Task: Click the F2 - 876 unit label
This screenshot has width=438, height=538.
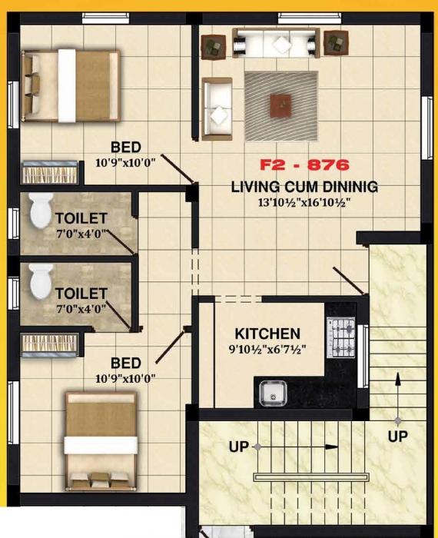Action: pyautogui.click(x=304, y=164)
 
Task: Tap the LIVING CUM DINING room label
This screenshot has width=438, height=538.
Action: pyautogui.click(x=304, y=187)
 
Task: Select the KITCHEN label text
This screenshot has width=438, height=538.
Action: pyautogui.click(x=267, y=334)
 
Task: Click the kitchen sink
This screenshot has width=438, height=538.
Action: pyautogui.click(x=271, y=394)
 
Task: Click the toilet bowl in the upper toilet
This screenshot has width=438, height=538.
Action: pyautogui.click(x=39, y=210)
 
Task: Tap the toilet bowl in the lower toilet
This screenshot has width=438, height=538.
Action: pyautogui.click(x=39, y=282)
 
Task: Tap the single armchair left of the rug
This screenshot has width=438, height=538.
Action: pyautogui.click(x=217, y=108)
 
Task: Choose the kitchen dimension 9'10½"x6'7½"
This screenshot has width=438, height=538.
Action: pyautogui.click(x=267, y=350)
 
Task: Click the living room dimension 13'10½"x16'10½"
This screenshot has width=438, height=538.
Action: pyautogui.click(x=304, y=203)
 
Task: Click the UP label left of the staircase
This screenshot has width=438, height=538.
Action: pyautogui.click(x=239, y=447)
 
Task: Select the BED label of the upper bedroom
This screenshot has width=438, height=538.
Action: pyautogui.click(x=125, y=148)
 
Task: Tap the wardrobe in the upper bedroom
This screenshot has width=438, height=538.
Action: pyautogui.click(x=49, y=172)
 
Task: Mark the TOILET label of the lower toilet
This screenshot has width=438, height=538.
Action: pyautogui.click(x=81, y=294)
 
